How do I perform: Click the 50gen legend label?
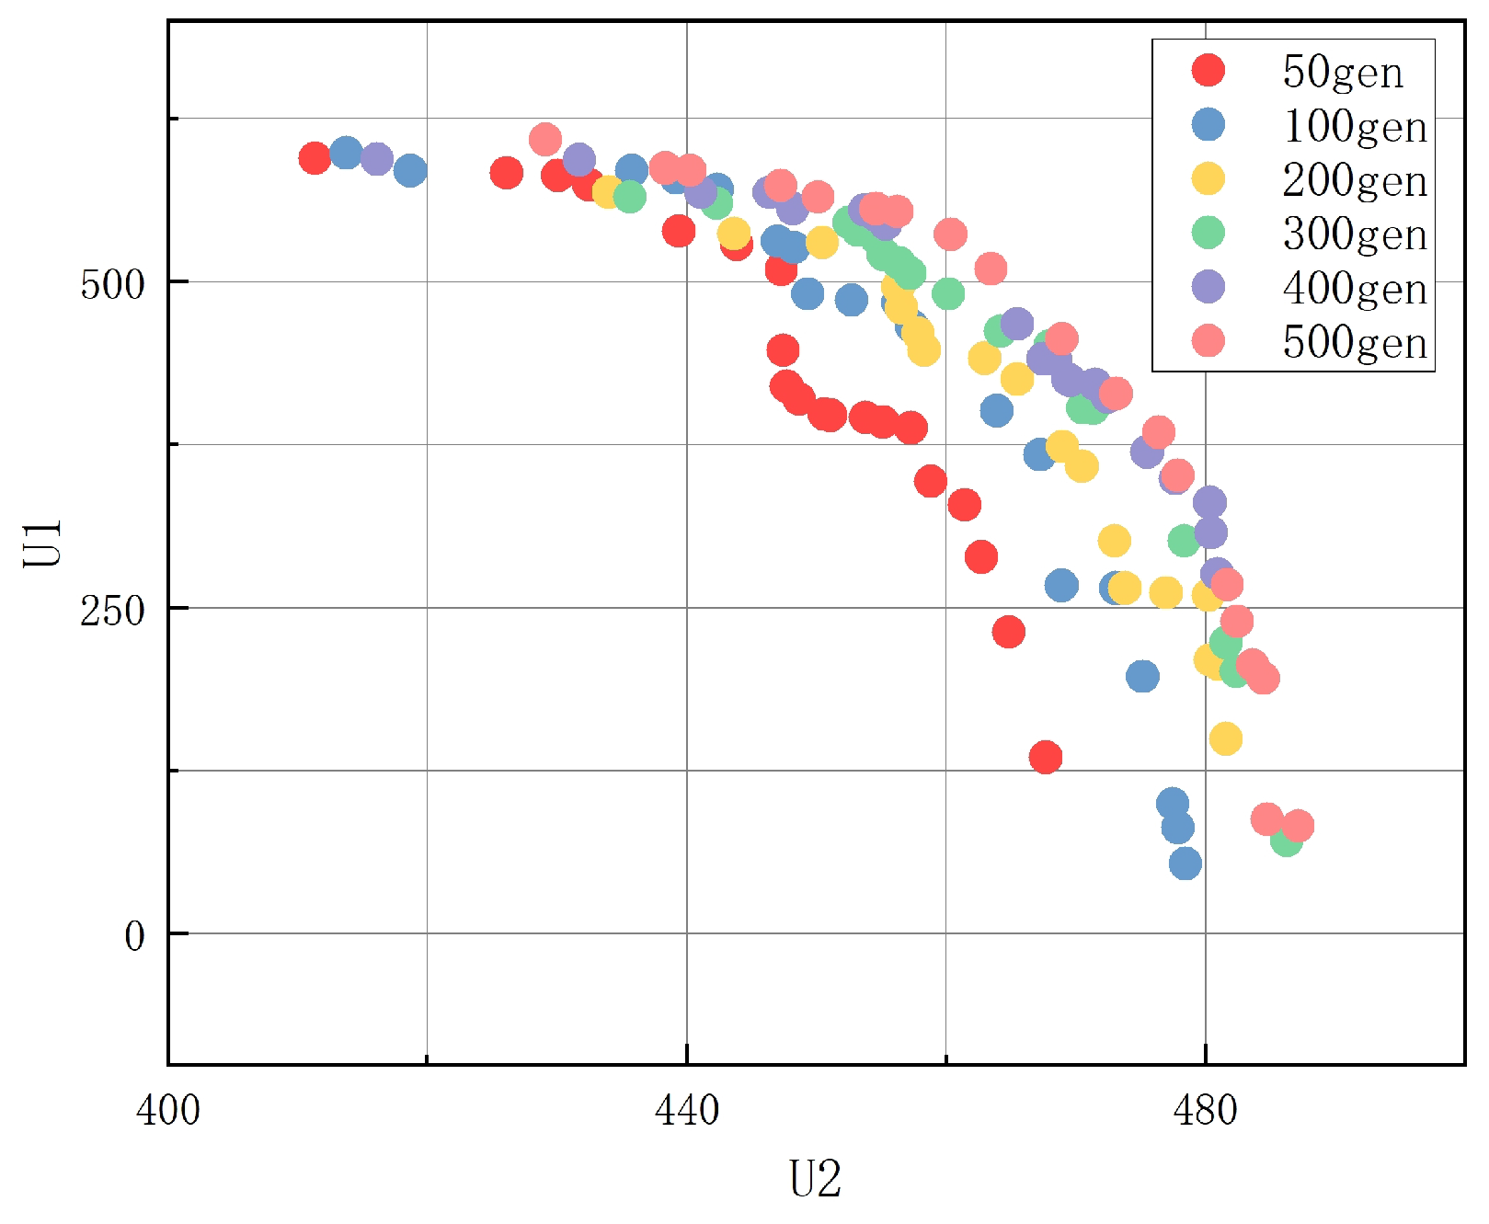(x=1342, y=72)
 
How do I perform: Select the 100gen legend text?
(x=1354, y=126)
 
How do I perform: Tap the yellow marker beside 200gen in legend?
(x=1208, y=178)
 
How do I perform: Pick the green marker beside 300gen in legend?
(x=1208, y=233)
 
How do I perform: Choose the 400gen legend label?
(x=1354, y=288)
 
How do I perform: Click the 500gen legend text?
(x=1354, y=342)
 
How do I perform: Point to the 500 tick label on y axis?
(x=112, y=284)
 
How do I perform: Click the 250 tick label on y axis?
(x=112, y=610)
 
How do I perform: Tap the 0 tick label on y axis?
(x=134, y=936)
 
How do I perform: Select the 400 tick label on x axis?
(x=167, y=1110)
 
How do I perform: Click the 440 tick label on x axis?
(x=686, y=1110)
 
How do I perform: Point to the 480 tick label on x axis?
(x=1205, y=1110)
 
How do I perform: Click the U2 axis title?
(x=815, y=1179)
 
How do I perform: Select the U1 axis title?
(x=42, y=543)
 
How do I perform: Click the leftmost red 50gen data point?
(x=315, y=158)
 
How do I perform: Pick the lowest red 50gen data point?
(x=1046, y=757)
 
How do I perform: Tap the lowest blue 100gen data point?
(x=1185, y=863)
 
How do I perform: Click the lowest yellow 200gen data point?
(x=1226, y=738)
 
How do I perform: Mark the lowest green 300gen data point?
(x=1286, y=840)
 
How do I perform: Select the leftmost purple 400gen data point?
(x=377, y=158)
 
